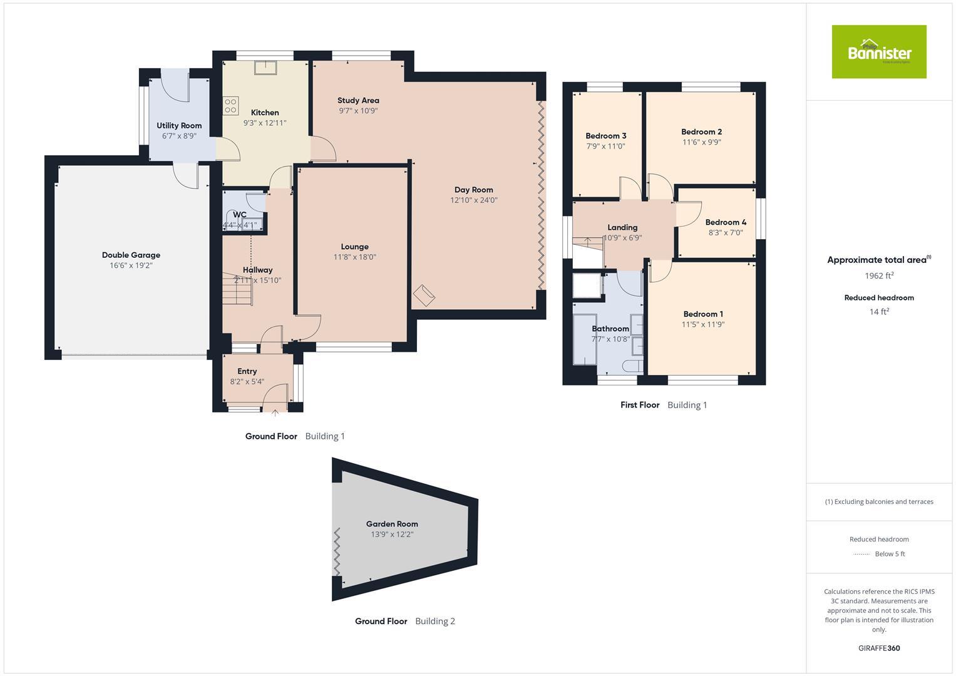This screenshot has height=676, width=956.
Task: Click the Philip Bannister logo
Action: tap(878, 52)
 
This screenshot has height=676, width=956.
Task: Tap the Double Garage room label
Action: tap(131, 255)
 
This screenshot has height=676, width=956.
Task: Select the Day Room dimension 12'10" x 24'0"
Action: tap(473, 200)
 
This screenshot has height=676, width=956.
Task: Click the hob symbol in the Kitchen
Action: tap(230, 105)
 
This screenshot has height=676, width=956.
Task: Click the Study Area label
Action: tap(358, 100)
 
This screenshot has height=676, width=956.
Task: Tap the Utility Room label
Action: tap(179, 125)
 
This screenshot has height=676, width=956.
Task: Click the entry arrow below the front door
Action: tap(275, 412)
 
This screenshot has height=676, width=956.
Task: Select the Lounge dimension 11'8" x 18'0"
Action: tap(354, 257)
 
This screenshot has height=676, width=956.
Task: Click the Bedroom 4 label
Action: tap(726, 222)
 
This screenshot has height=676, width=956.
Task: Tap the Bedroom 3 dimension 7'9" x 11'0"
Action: tap(605, 146)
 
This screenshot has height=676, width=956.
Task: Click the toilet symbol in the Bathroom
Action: tap(631, 366)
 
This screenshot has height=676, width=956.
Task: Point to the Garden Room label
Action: tap(392, 524)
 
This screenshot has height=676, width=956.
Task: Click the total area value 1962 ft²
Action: tap(878, 275)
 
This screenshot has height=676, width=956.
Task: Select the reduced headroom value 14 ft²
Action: tap(878, 311)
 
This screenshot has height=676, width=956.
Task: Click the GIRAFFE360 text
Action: tap(878, 648)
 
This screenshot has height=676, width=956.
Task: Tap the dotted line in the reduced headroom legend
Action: tap(862, 554)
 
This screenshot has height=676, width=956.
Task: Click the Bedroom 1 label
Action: tap(703, 314)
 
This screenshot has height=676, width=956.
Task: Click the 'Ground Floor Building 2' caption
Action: tap(404, 622)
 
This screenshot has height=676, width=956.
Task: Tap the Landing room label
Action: tap(622, 227)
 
